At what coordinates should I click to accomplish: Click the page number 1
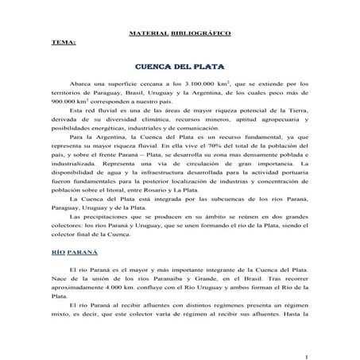(305, 343)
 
